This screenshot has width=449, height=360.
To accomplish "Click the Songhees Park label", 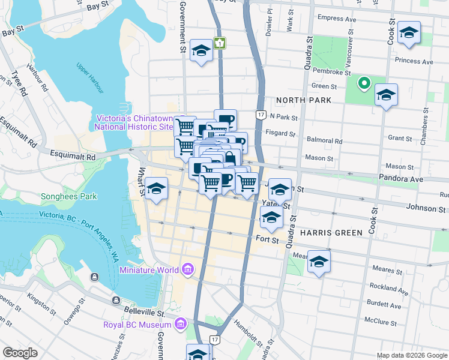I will pos(65,196).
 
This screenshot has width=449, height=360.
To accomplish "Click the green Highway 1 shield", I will pos(221,43).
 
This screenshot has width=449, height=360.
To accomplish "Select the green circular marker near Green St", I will pos(364,83).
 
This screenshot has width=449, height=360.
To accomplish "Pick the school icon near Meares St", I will pos(319,262).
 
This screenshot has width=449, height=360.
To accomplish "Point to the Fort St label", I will pos(267,241).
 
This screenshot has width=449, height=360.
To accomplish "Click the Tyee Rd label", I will pos(19,84).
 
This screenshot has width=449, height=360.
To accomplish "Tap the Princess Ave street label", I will pos(414,61).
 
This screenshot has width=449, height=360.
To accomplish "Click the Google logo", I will pos(20,352).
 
